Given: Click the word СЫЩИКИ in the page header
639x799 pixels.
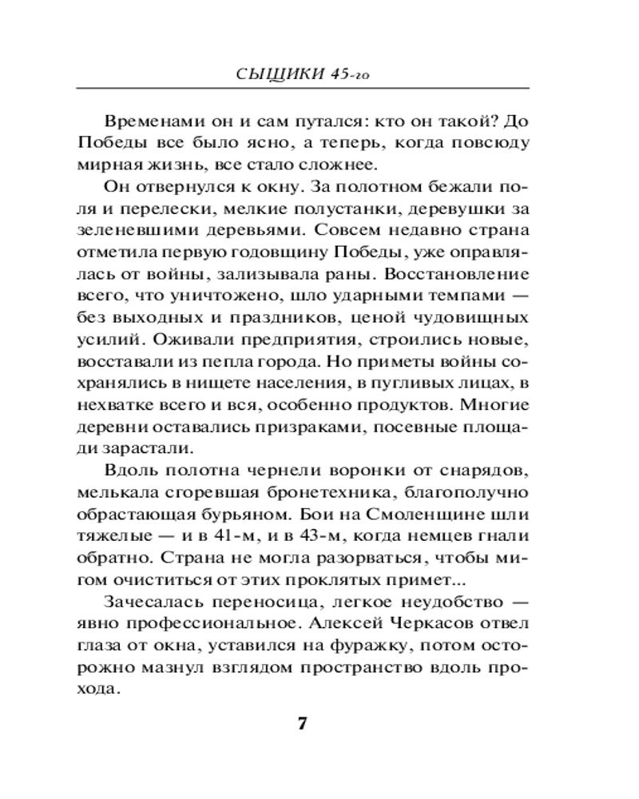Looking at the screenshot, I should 279,74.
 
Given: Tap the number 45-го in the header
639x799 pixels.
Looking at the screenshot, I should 351,74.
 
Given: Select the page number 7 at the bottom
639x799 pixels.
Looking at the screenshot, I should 302,725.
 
